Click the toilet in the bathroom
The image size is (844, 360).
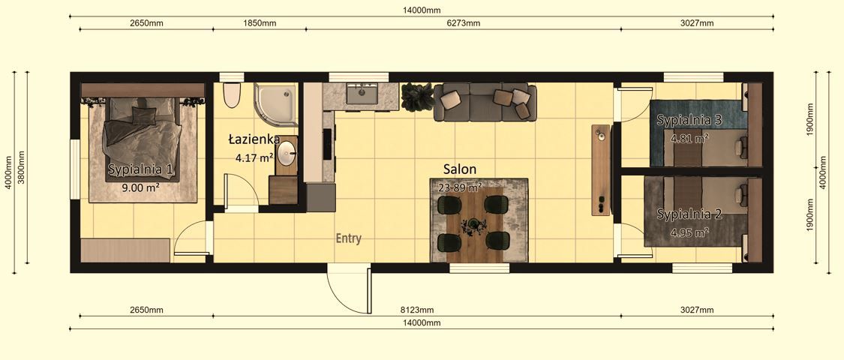coord(232,95)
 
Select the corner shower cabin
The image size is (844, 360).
coord(275,103)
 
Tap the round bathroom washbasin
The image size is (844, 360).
coord(287,154)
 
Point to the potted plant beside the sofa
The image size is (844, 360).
coord(416,97)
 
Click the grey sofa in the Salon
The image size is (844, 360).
coord(485,103)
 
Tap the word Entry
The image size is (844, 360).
coord(348,239)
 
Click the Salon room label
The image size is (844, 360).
coord(459,169)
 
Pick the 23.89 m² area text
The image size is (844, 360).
coord(460,187)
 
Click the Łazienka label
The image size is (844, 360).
coord(254,139)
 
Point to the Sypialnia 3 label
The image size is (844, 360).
coord(689,120)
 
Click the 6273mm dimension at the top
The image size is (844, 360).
coord(463,23)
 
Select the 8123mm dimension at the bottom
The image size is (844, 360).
coord(416,310)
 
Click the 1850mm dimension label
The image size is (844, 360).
coord(260,23)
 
